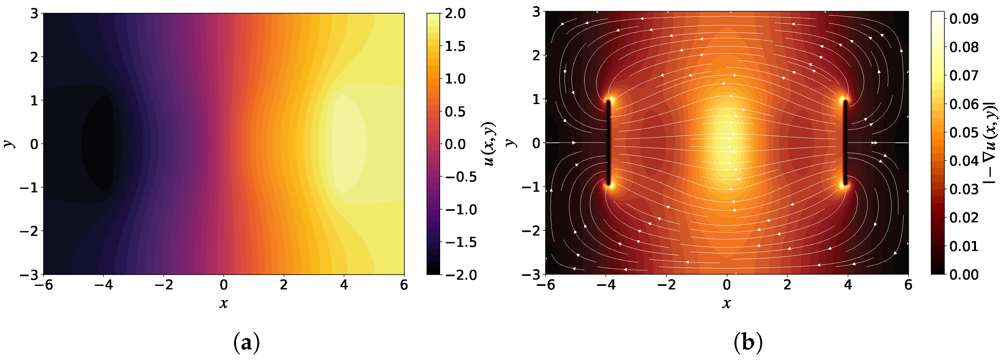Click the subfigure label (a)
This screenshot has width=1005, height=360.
point(246,343)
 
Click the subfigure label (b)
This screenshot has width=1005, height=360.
point(748,343)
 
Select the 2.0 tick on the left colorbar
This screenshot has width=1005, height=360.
point(455,14)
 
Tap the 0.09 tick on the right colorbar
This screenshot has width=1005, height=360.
point(963,18)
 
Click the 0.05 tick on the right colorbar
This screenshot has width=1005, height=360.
point(963,132)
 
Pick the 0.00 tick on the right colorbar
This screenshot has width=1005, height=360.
point(963,275)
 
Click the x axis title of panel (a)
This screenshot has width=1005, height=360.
point(223,303)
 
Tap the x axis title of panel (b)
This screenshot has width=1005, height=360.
point(726,303)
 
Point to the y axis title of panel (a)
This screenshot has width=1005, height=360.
point(9,143)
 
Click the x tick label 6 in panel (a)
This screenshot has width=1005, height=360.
point(404,285)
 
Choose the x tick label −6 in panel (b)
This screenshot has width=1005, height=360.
point(546,285)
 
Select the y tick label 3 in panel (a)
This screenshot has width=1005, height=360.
point(34,14)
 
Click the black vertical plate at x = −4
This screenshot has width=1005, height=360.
point(608,143)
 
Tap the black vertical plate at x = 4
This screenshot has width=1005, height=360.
point(845,143)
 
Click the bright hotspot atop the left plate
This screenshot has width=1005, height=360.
point(609,100)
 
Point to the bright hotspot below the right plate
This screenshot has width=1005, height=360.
point(845,186)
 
